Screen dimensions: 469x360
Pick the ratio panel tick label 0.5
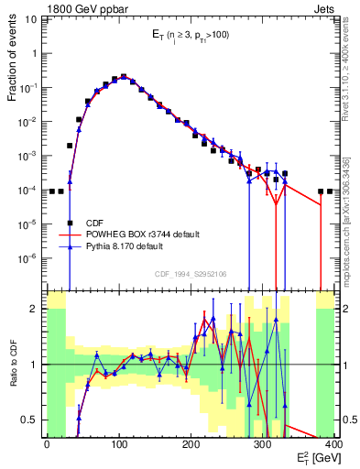tap(32, 420)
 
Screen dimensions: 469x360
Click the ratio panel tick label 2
tap(37, 309)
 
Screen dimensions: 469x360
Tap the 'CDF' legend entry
tap(94, 223)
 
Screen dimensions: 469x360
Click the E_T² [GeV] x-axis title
tap(318, 457)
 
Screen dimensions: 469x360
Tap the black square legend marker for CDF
tap(70, 223)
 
